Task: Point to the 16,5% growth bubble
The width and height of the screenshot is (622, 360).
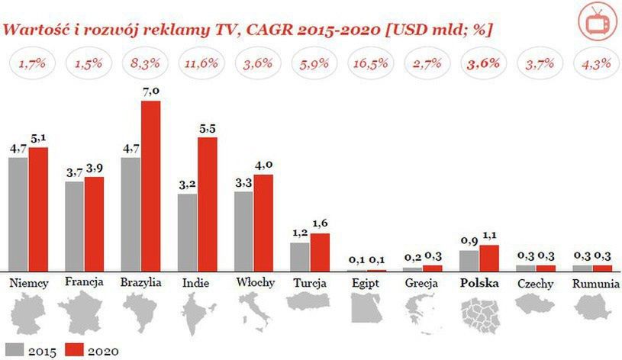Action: pos(368,63)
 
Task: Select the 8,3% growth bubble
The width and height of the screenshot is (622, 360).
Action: pos(141,63)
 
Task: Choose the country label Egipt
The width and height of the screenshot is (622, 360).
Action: pos(367,283)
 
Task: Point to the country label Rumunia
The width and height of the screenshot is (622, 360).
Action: pos(593,283)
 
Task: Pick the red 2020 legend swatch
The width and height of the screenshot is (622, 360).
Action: pos(73,351)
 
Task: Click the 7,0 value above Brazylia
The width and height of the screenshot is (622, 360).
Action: pos(151,92)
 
